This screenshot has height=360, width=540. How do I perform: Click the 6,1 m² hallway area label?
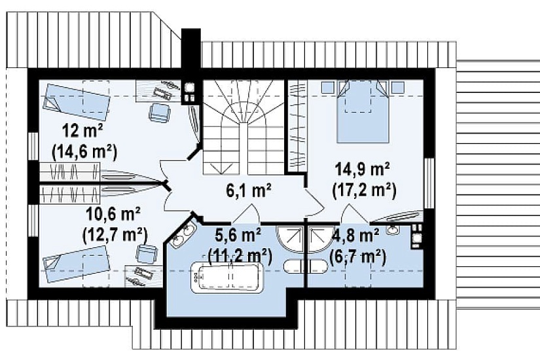pyautogui.click(x=249, y=190)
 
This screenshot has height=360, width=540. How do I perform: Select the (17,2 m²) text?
pyautogui.click(x=365, y=191)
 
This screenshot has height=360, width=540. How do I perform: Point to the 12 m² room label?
pyautogui.click(x=82, y=132)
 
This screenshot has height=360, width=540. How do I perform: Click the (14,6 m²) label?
pyautogui.click(x=84, y=152)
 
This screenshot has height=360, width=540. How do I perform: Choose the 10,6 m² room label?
pyautogui.click(x=113, y=215)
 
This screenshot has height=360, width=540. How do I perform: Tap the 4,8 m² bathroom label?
pyautogui.click(x=355, y=237)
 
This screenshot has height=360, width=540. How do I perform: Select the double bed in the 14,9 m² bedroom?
pyautogui.click(x=363, y=111)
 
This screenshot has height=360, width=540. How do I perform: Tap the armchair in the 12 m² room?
pyautogui.click(x=160, y=113)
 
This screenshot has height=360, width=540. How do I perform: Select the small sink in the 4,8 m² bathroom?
pyautogui.click(x=392, y=230)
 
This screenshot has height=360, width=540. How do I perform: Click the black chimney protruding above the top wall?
pyautogui.click(x=191, y=48)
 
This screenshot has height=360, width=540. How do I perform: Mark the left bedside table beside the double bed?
pyautogui.click(x=327, y=87)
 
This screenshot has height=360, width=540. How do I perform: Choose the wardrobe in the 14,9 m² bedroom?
pyautogui.click(x=297, y=126)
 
